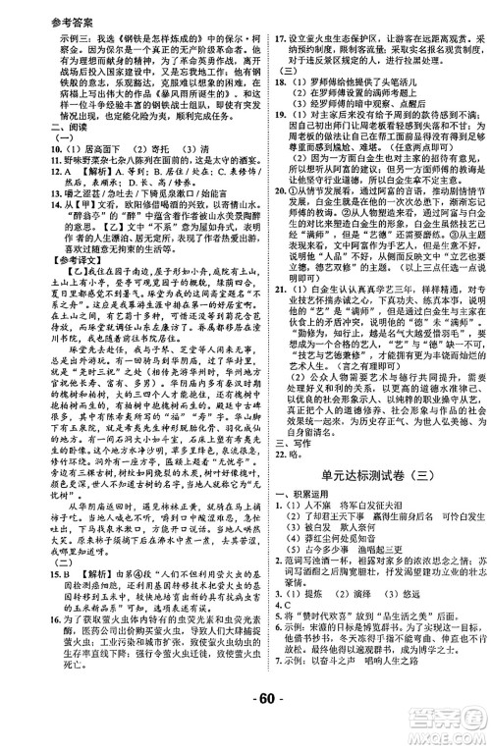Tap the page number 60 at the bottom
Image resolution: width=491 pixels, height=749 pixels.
pos(245,727)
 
